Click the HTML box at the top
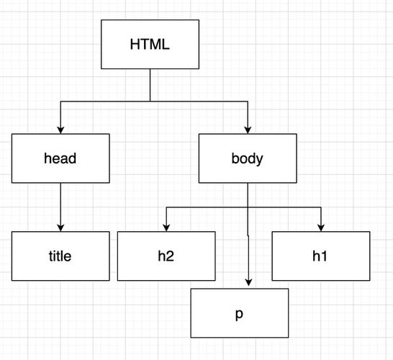coord(150,44)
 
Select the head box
coord(60,158)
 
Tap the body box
coord(247,158)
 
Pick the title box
coord(60,256)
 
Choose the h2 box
coord(166,256)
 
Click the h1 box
coord(321,256)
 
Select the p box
coord(239,312)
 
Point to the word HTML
coord(150,44)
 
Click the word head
coord(60,158)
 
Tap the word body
coord(247,158)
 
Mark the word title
coord(60,256)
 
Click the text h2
coord(166,256)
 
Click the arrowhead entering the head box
coord(60,129)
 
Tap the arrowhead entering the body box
coord(248,129)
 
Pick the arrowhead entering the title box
coord(60,227)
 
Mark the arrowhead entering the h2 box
coord(167,227)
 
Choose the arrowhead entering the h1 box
coord(321,227)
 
